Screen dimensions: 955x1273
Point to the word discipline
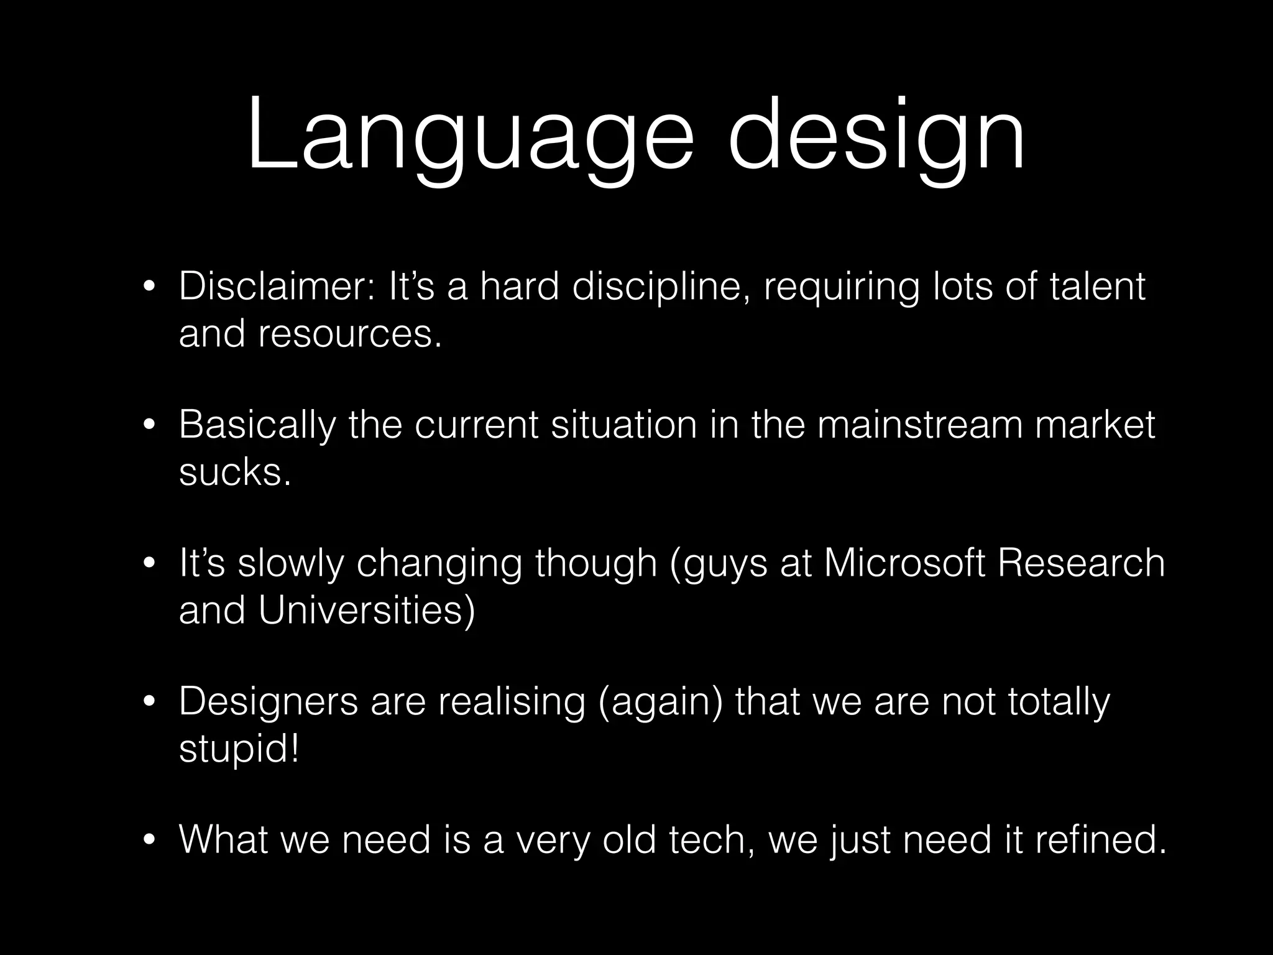click(x=658, y=287)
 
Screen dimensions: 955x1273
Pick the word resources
click(x=349, y=334)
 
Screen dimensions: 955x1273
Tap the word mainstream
click(x=919, y=425)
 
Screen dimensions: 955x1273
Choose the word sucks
click(x=234, y=473)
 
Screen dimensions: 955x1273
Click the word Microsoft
click(x=904, y=563)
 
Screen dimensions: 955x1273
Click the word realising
click(x=511, y=703)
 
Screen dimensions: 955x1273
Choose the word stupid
click(x=238, y=749)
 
